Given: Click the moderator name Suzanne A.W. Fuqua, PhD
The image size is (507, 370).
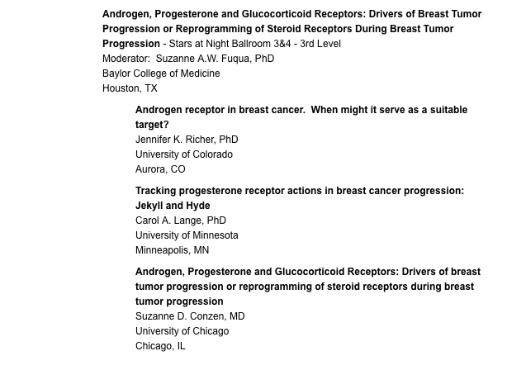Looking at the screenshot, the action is [x=215, y=59].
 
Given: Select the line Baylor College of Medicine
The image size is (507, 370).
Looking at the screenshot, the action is [x=161, y=74].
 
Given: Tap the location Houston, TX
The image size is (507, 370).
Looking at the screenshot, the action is [x=130, y=88].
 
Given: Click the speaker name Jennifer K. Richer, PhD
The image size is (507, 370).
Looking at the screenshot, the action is [x=187, y=140].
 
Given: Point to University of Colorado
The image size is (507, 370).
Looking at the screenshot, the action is [x=184, y=154].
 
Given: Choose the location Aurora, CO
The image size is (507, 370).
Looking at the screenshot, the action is [x=160, y=169].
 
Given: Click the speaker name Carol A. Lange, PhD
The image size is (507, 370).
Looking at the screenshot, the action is [x=181, y=221].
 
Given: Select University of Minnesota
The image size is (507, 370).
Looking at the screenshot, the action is [x=187, y=235].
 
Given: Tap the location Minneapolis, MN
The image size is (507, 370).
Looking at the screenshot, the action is [x=172, y=250].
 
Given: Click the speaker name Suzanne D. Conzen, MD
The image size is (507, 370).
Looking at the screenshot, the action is [x=190, y=316].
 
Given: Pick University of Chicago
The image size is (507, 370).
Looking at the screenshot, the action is [x=182, y=331].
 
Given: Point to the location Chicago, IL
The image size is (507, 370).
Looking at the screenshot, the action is [x=160, y=346].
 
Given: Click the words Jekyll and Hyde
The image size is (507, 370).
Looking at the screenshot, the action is [x=173, y=206].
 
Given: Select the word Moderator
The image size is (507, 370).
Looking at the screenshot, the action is [x=126, y=59].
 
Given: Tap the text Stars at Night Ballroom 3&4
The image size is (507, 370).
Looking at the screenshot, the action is [x=230, y=44].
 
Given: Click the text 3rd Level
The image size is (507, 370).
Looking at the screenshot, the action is [x=320, y=44].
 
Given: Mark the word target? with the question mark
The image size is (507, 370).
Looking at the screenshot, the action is [x=152, y=125].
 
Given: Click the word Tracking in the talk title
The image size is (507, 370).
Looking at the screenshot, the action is [x=155, y=191].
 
